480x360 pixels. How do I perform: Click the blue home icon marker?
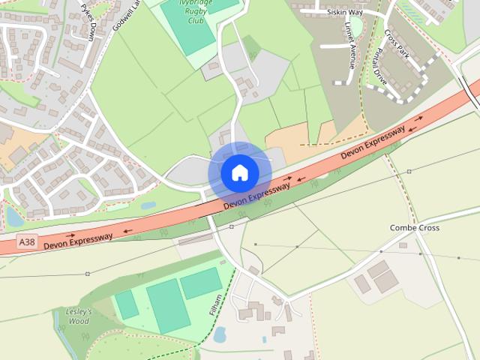pyautogui.click(x=239, y=172)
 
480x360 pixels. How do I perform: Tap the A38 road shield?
pyautogui.click(x=27, y=241)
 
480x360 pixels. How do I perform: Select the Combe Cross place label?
pyautogui.click(x=414, y=227)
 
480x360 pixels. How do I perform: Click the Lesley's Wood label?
pyautogui.click(x=78, y=316)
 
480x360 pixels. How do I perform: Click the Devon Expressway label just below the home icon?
pyautogui.click(x=257, y=196)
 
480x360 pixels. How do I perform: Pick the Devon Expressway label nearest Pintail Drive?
pyautogui.click(x=373, y=142)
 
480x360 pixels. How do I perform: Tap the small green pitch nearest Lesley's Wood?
pyautogui.click(x=126, y=304)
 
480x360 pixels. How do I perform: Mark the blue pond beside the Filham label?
pyautogui.click(x=220, y=334)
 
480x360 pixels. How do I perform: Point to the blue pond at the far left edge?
pyautogui.click(x=13, y=216)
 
